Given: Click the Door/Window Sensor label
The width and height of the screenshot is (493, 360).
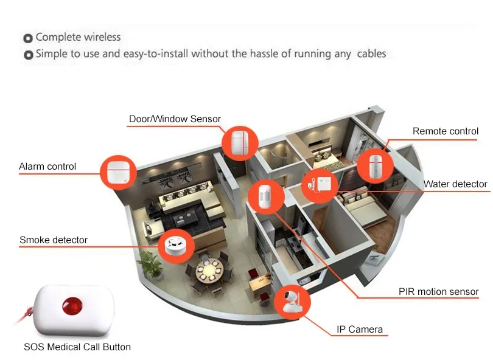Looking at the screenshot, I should (x=175, y=119).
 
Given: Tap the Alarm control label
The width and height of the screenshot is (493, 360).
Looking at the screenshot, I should (x=47, y=167).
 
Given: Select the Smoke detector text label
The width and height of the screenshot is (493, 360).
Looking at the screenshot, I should (x=54, y=240).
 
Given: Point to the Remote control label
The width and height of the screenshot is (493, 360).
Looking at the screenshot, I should (x=446, y=131).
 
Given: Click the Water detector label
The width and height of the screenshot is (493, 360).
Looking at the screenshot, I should (x=455, y=184).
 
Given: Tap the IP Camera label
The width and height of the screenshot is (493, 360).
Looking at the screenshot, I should (x=360, y=330).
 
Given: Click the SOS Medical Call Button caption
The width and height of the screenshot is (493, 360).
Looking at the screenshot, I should (x=77, y=347).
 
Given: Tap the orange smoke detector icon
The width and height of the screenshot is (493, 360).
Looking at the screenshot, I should (x=176, y=246).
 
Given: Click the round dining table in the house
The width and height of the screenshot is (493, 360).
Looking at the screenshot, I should (x=209, y=268).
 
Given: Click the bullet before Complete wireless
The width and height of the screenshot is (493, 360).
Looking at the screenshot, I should (x=28, y=38).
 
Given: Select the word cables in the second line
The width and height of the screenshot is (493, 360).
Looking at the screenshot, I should (x=371, y=54).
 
